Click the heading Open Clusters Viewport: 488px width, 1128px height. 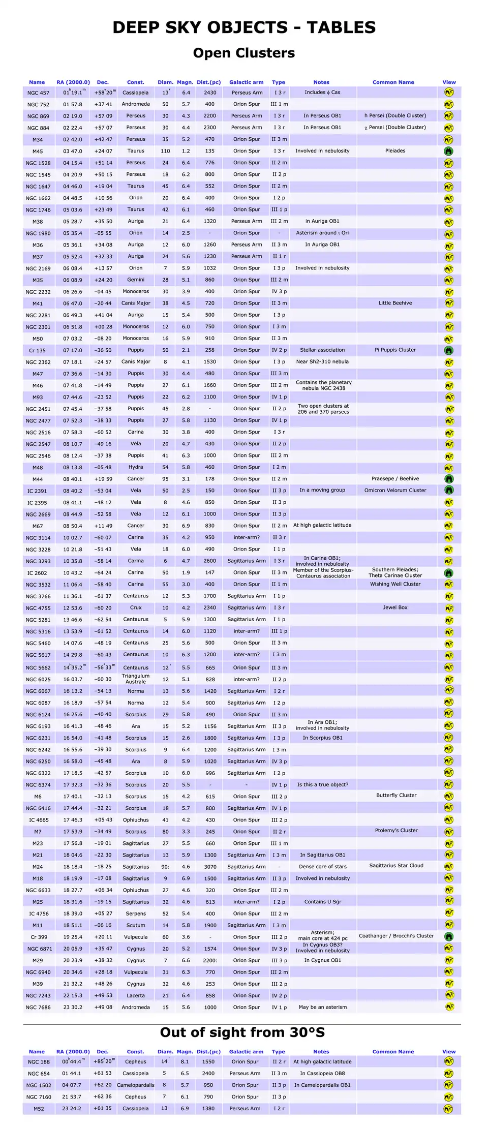(x=243, y=53)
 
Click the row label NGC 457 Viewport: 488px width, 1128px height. (x=38, y=93)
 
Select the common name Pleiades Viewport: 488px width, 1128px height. (x=395, y=151)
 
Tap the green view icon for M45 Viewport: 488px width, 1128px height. (x=448, y=151)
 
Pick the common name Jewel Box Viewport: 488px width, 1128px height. (x=395, y=607)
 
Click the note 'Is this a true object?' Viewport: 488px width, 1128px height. (x=322, y=784)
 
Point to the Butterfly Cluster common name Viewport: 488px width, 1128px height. (x=396, y=795)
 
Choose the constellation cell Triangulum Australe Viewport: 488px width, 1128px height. (x=136, y=679)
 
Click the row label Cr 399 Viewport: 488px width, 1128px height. (x=39, y=937)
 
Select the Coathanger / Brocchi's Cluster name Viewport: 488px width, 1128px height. (x=396, y=935)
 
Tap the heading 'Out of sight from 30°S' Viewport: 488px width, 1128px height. (x=242, y=1032)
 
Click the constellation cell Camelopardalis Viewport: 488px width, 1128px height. (x=136, y=1085)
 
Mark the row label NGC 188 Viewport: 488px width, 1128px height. (x=39, y=1061)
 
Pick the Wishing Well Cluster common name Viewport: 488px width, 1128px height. (x=395, y=584)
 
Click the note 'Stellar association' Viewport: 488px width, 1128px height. (x=322, y=350)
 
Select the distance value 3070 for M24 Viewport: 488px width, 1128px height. (x=210, y=867)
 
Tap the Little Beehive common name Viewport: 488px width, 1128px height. (x=395, y=303)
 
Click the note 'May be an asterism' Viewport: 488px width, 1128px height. (x=322, y=1007)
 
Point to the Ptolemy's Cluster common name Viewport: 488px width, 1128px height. (x=396, y=830)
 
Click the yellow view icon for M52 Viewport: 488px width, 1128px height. (x=448, y=1109)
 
